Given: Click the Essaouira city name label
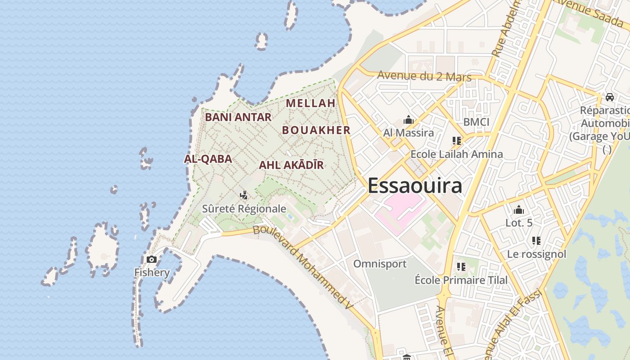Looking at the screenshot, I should pos(415,185).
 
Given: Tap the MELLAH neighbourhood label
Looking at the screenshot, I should pos(310,103).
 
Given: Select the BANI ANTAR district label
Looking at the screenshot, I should pos(238,117).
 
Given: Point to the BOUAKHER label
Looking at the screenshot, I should pos(316,130).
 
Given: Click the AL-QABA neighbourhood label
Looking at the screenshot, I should pos(208,159).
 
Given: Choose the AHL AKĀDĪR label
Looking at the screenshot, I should pos(291,165).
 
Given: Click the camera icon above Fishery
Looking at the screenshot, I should pos(152,259).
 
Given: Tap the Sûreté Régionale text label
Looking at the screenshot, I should pos(244,209).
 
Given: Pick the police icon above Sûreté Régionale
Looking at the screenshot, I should pos(243,195).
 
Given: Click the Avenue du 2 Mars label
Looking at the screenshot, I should pos(424,76).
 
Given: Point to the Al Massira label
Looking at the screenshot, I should pos(409,133).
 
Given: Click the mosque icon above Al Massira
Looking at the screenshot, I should pos(409,120).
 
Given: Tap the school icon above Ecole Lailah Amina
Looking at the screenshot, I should pos(457,141).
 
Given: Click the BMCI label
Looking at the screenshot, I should pos(476,122).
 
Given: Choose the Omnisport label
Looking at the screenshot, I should pos(380,264).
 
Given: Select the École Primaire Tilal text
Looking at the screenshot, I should pos(461,280).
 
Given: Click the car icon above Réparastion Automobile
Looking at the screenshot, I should pos(609,97).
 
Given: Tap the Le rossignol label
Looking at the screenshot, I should pos(536,254).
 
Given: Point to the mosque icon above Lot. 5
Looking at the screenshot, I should pos(519,210).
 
